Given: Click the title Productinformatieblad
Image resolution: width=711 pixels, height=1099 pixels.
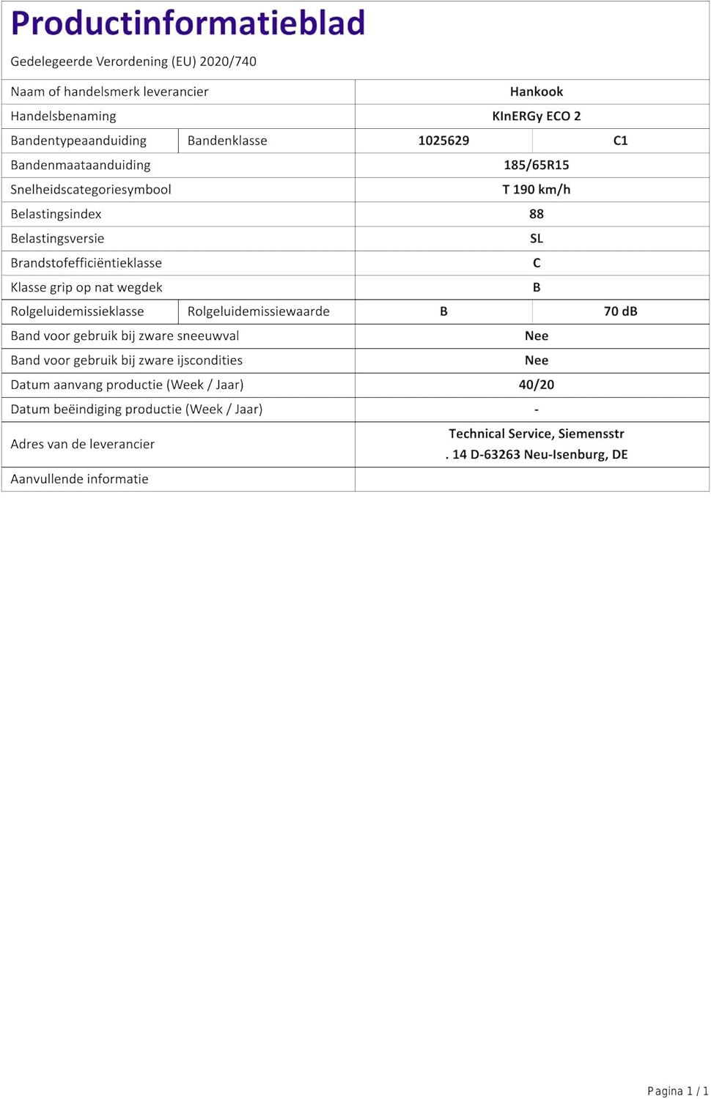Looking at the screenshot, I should pyautogui.click(x=188, y=23).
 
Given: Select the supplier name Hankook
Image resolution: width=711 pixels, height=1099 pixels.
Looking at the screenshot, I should pyautogui.click(x=537, y=92).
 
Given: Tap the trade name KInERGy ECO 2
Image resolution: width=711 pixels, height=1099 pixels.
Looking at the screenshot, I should pyautogui.click(x=537, y=116).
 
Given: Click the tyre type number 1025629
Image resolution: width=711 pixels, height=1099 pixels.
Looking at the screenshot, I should pyautogui.click(x=443, y=141).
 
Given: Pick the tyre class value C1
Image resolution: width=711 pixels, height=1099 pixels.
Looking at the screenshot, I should pyautogui.click(x=620, y=141).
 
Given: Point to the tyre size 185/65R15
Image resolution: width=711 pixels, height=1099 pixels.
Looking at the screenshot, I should pyautogui.click(x=537, y=165).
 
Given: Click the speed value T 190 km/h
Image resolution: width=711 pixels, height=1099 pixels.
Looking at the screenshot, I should pyautogui.click(x=537, y=189).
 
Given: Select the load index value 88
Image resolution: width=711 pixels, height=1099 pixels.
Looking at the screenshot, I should pyautogui.click(x=537, y=214).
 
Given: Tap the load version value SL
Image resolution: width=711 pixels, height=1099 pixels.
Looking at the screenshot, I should pyautogui.click(x=537, y=238).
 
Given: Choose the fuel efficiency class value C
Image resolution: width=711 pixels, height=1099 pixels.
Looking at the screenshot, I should pyautogui.click(x=537, y=263).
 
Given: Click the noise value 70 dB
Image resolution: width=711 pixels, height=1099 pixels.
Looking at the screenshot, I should pyautogui.click(x=620, y=311).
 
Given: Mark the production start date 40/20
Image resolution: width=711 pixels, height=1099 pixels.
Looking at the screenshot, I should pyautogui.click(x=537, y=385).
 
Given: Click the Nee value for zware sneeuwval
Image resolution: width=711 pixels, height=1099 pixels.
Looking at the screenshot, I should pyautogui.click(x=537, y=336).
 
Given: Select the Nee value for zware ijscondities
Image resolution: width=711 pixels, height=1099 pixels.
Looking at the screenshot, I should pyautogui.click(x=537, y=360).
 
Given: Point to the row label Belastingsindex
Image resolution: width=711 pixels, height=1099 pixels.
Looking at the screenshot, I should pyautogui.click(x=56, y=214).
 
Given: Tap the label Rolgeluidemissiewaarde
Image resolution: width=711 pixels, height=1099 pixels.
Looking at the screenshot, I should pyautogui.click(x=259, y=311).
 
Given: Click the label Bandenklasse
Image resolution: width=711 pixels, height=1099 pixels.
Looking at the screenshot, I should pyautogui.click(x=227, y=141).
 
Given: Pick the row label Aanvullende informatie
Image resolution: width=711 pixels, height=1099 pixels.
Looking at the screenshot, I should pyautogui.click(x=79, y=479).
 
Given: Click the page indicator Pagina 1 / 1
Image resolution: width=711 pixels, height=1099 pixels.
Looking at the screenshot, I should pyautogui.click(x=677, y=1091).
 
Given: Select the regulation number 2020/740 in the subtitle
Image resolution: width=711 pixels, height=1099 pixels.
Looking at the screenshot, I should pyautogui.click(x=228, y=62).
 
